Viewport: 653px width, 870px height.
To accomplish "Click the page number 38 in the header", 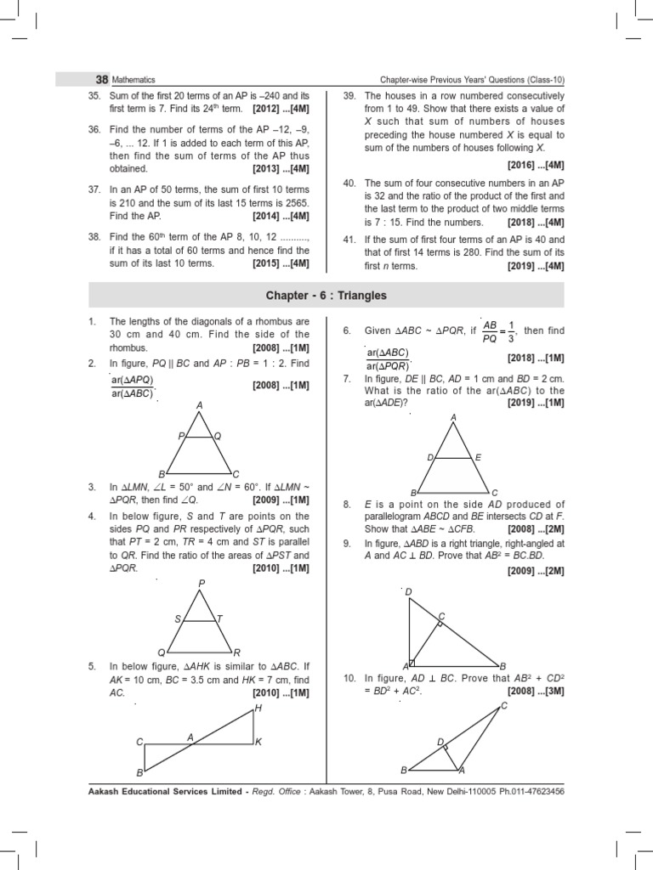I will pyautogui.click(x=100, y=79).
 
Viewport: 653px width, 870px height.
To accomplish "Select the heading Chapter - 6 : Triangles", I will pyautogui.click(x=326, y=296).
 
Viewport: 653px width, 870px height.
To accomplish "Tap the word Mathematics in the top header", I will pyautogui.click(x=134, y=80).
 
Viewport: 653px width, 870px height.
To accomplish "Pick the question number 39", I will pyautogui.click(x=349, y=97).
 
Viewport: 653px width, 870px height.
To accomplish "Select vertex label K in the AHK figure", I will pyautogui.click(x=258, y=742).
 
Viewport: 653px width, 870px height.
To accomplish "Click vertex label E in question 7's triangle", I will pyautogui.click(x=478, y=457).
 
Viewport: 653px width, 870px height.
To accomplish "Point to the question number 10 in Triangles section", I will pyautogui.click(x=349, y=679).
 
